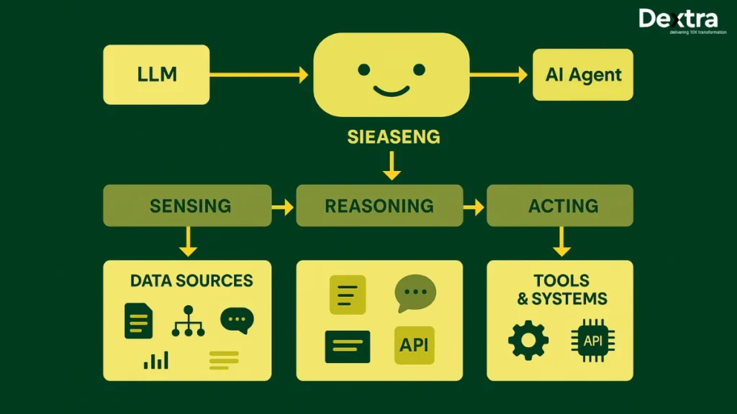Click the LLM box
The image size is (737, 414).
click(156, 74)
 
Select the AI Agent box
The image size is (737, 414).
click(583, 75)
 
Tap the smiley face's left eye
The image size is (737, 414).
click(363, 70)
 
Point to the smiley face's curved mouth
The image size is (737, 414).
click(391, 91)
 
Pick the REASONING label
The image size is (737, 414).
click(379, 206)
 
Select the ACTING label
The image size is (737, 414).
click(562, 206)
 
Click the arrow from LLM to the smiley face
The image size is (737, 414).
click(258, 74)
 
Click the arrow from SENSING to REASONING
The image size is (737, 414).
click(284, 207)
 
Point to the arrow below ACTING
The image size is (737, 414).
click(561, 241)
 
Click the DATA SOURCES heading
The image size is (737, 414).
click(191, 280)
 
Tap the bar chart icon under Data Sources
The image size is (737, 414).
click(155, 359)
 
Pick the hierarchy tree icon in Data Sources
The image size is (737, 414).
click(189, 321)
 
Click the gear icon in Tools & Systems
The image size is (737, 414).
click(528, 340)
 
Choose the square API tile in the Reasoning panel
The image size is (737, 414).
click(414, 345)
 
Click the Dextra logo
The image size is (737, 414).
click(678, 22)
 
